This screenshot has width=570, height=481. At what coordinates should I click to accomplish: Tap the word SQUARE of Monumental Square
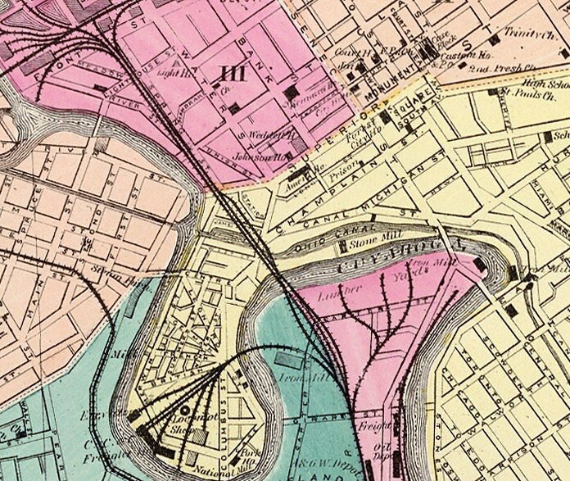tap(405, 115)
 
